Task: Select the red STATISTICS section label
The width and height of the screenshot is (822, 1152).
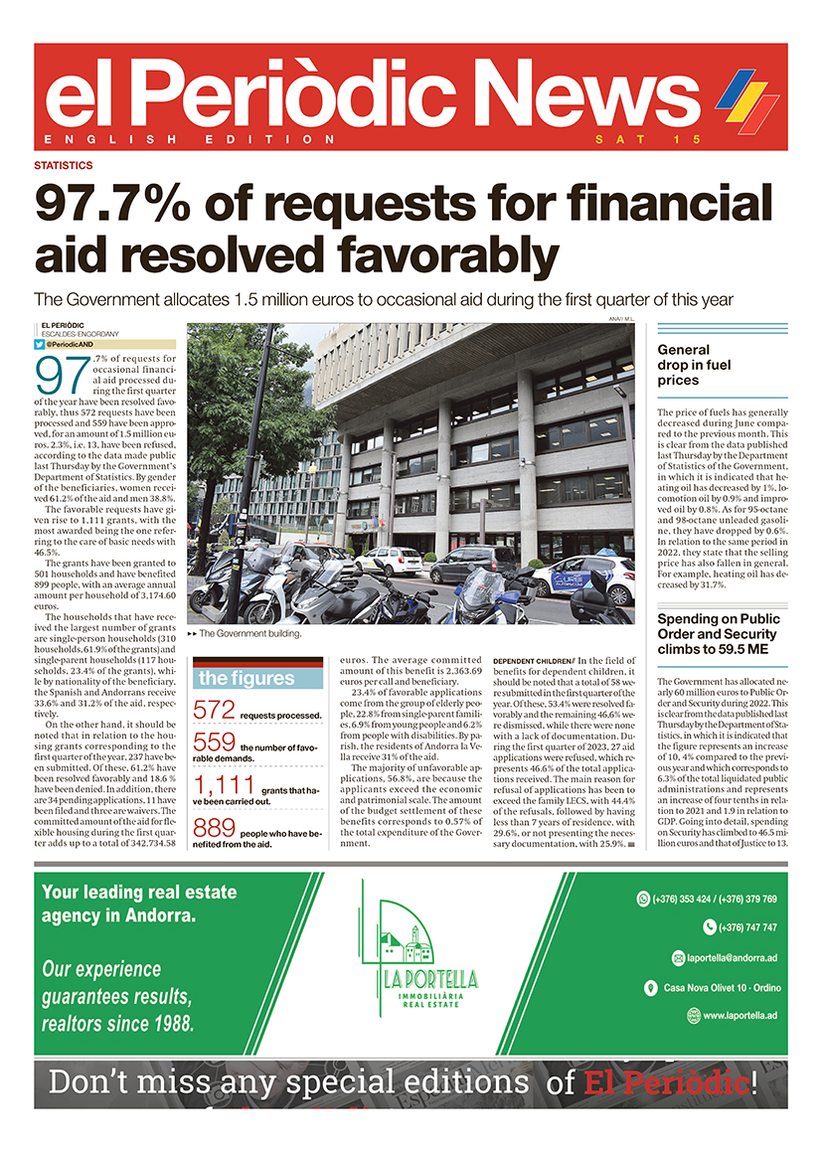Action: click(x=64, y=166)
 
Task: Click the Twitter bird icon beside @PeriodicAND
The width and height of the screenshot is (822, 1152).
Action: click(x=39, y=344)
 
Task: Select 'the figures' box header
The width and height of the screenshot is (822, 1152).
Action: click(x=247, y=679)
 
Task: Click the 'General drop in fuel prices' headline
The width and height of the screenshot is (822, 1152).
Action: click(x=695, y=365)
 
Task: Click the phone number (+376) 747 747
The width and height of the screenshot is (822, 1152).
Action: click(x=740, y=927)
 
